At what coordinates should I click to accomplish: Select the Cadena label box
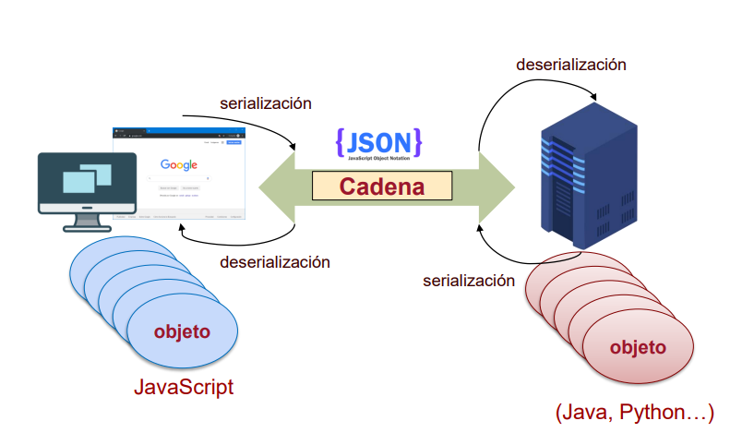pos(382,186)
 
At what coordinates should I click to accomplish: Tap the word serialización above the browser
pos(266,103)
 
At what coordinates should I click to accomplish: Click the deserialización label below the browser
pos(275,261)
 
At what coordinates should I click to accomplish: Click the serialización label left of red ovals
pos(469,280)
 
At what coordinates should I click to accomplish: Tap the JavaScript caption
pos(184,387)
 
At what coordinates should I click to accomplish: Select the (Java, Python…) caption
pos(635,413)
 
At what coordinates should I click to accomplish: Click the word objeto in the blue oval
pos(182,331)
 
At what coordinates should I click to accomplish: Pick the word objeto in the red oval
pos(638,347)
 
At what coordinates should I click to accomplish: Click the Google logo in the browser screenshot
pos(179,164)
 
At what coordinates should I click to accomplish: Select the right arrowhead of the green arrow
pos(497,186)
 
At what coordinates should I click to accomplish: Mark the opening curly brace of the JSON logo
pos(341,141)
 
